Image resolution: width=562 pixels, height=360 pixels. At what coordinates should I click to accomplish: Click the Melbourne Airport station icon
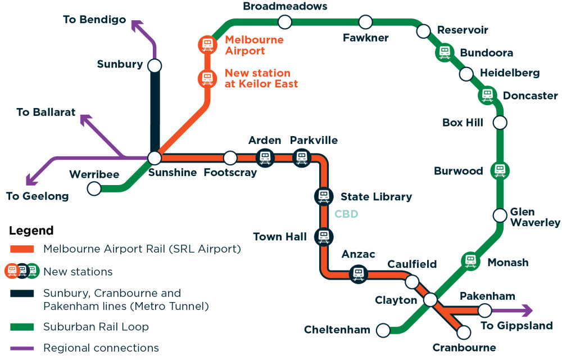coord(207,44)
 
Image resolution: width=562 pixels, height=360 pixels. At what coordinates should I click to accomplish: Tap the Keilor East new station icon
coord(207,78)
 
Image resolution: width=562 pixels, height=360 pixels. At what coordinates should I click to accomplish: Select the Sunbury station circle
coord(155,66)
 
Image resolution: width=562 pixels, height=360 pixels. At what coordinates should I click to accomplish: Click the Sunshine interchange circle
coord(155,158)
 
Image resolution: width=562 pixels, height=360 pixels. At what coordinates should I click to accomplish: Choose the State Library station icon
coord(323,196)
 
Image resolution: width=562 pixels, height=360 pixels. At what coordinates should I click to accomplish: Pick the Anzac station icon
coord(358,274)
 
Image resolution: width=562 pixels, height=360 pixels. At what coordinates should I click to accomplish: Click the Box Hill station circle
coord(500,122)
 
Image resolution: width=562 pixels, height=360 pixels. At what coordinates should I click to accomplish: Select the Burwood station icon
coord(499,170)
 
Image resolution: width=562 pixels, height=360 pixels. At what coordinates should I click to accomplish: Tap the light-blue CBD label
coord(346,214)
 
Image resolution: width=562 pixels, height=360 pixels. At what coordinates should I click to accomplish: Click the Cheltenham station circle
coord(384,330)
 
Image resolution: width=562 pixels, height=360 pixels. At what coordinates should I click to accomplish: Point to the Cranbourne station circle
coord(464,332)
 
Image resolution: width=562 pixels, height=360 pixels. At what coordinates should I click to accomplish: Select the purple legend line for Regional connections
coord(22,348)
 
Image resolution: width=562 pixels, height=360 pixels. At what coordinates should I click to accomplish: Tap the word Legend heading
coord(31,231)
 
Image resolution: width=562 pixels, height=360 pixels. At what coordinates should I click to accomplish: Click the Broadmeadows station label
coord(285,6)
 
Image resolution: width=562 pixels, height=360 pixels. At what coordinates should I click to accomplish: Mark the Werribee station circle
coord(94,188)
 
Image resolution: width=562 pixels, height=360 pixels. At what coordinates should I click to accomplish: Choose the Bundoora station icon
coord(445,52)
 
